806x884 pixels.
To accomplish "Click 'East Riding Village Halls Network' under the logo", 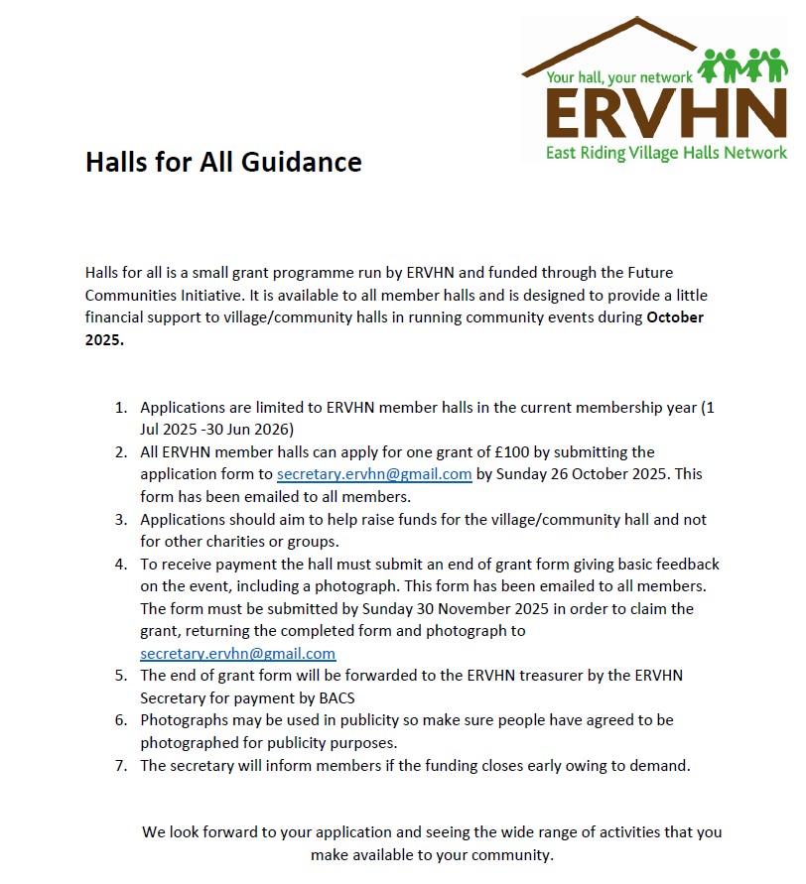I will point(665,153).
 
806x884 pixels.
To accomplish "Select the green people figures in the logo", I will point(742,65).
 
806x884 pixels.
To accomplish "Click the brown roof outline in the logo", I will point(615,45).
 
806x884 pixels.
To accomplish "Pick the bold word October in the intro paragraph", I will point(675,317).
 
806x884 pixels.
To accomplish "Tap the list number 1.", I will point(121,407).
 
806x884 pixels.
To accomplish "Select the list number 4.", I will point(121,564).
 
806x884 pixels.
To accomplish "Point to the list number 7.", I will point(121,765).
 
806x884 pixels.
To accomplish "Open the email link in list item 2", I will point(374,474).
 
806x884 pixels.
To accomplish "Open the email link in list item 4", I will point(238,654).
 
